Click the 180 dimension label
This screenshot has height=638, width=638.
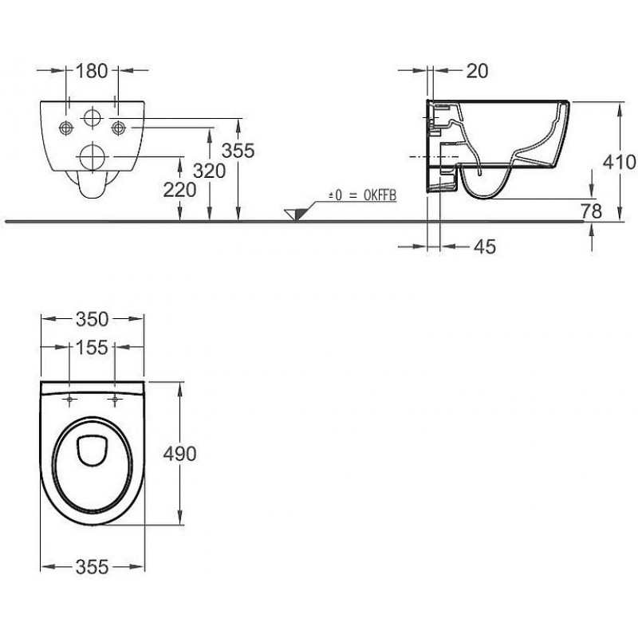coord(92,71)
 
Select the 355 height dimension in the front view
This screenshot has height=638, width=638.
coord(238,150)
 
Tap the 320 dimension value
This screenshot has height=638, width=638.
coord(208,169)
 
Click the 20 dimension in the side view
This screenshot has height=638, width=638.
coord(476,71)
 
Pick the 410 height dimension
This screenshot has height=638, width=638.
coord(620,163)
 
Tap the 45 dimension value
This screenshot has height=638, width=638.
coord(484,247)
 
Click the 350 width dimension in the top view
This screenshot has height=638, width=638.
coord(92,319)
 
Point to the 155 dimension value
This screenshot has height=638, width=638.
coord(93,348)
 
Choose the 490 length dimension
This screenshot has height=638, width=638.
coord(179,453)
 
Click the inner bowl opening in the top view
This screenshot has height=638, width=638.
coord(93,451)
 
